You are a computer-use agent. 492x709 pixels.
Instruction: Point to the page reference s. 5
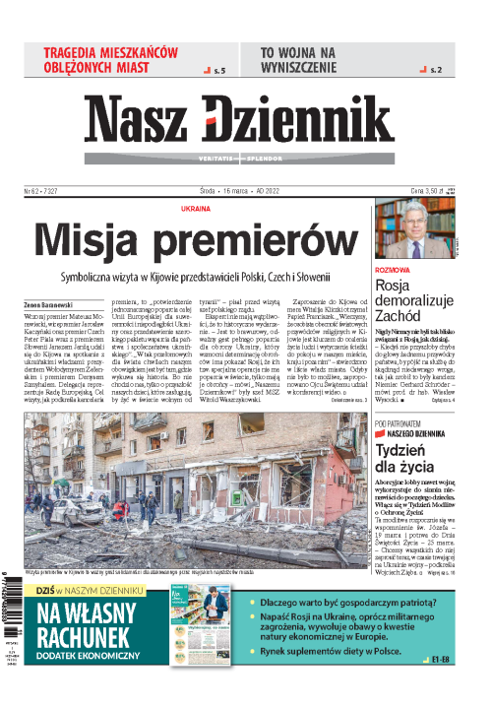tap(219, 72)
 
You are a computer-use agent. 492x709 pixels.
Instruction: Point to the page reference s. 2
tap(436, 72)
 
